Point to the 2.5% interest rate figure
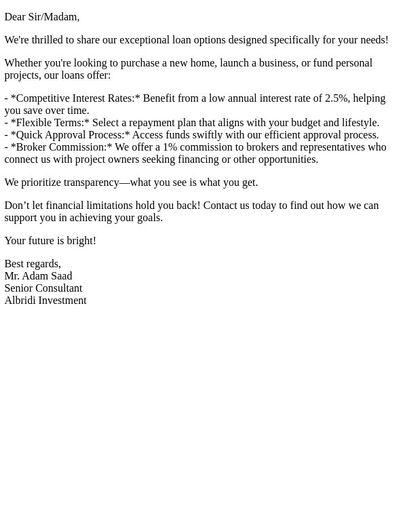pos(336,98)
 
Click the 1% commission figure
pos(170,147)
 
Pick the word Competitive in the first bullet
pos(43,98)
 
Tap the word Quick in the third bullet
pos(29,135)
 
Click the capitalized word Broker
pos(31,147)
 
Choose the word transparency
pos(92,182)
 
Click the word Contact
pos(221,206)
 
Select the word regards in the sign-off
pos(43,264)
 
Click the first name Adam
pos(37,276)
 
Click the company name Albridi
pos(20,301)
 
